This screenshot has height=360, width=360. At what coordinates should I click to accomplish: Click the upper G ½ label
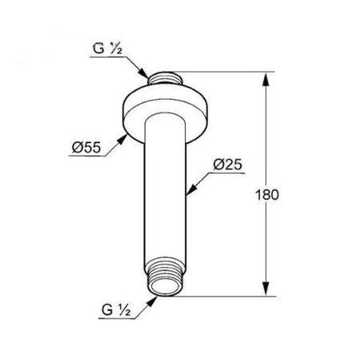coord(107,49)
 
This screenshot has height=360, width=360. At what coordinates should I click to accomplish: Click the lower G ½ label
coord(116,310)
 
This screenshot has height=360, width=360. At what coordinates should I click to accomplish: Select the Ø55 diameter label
coord(86,147)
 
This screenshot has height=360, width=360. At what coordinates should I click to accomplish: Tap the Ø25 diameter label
coord(228,165)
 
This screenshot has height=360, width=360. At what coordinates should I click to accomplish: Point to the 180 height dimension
coord(267,194)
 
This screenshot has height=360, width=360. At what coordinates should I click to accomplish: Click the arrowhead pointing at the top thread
coord(144,74)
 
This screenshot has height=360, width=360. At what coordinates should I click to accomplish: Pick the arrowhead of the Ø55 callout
coord(122,139)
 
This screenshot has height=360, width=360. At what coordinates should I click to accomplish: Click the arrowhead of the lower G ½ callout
coord(152,302)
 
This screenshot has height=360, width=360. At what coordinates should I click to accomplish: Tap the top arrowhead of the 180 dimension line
coord(266,79)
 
